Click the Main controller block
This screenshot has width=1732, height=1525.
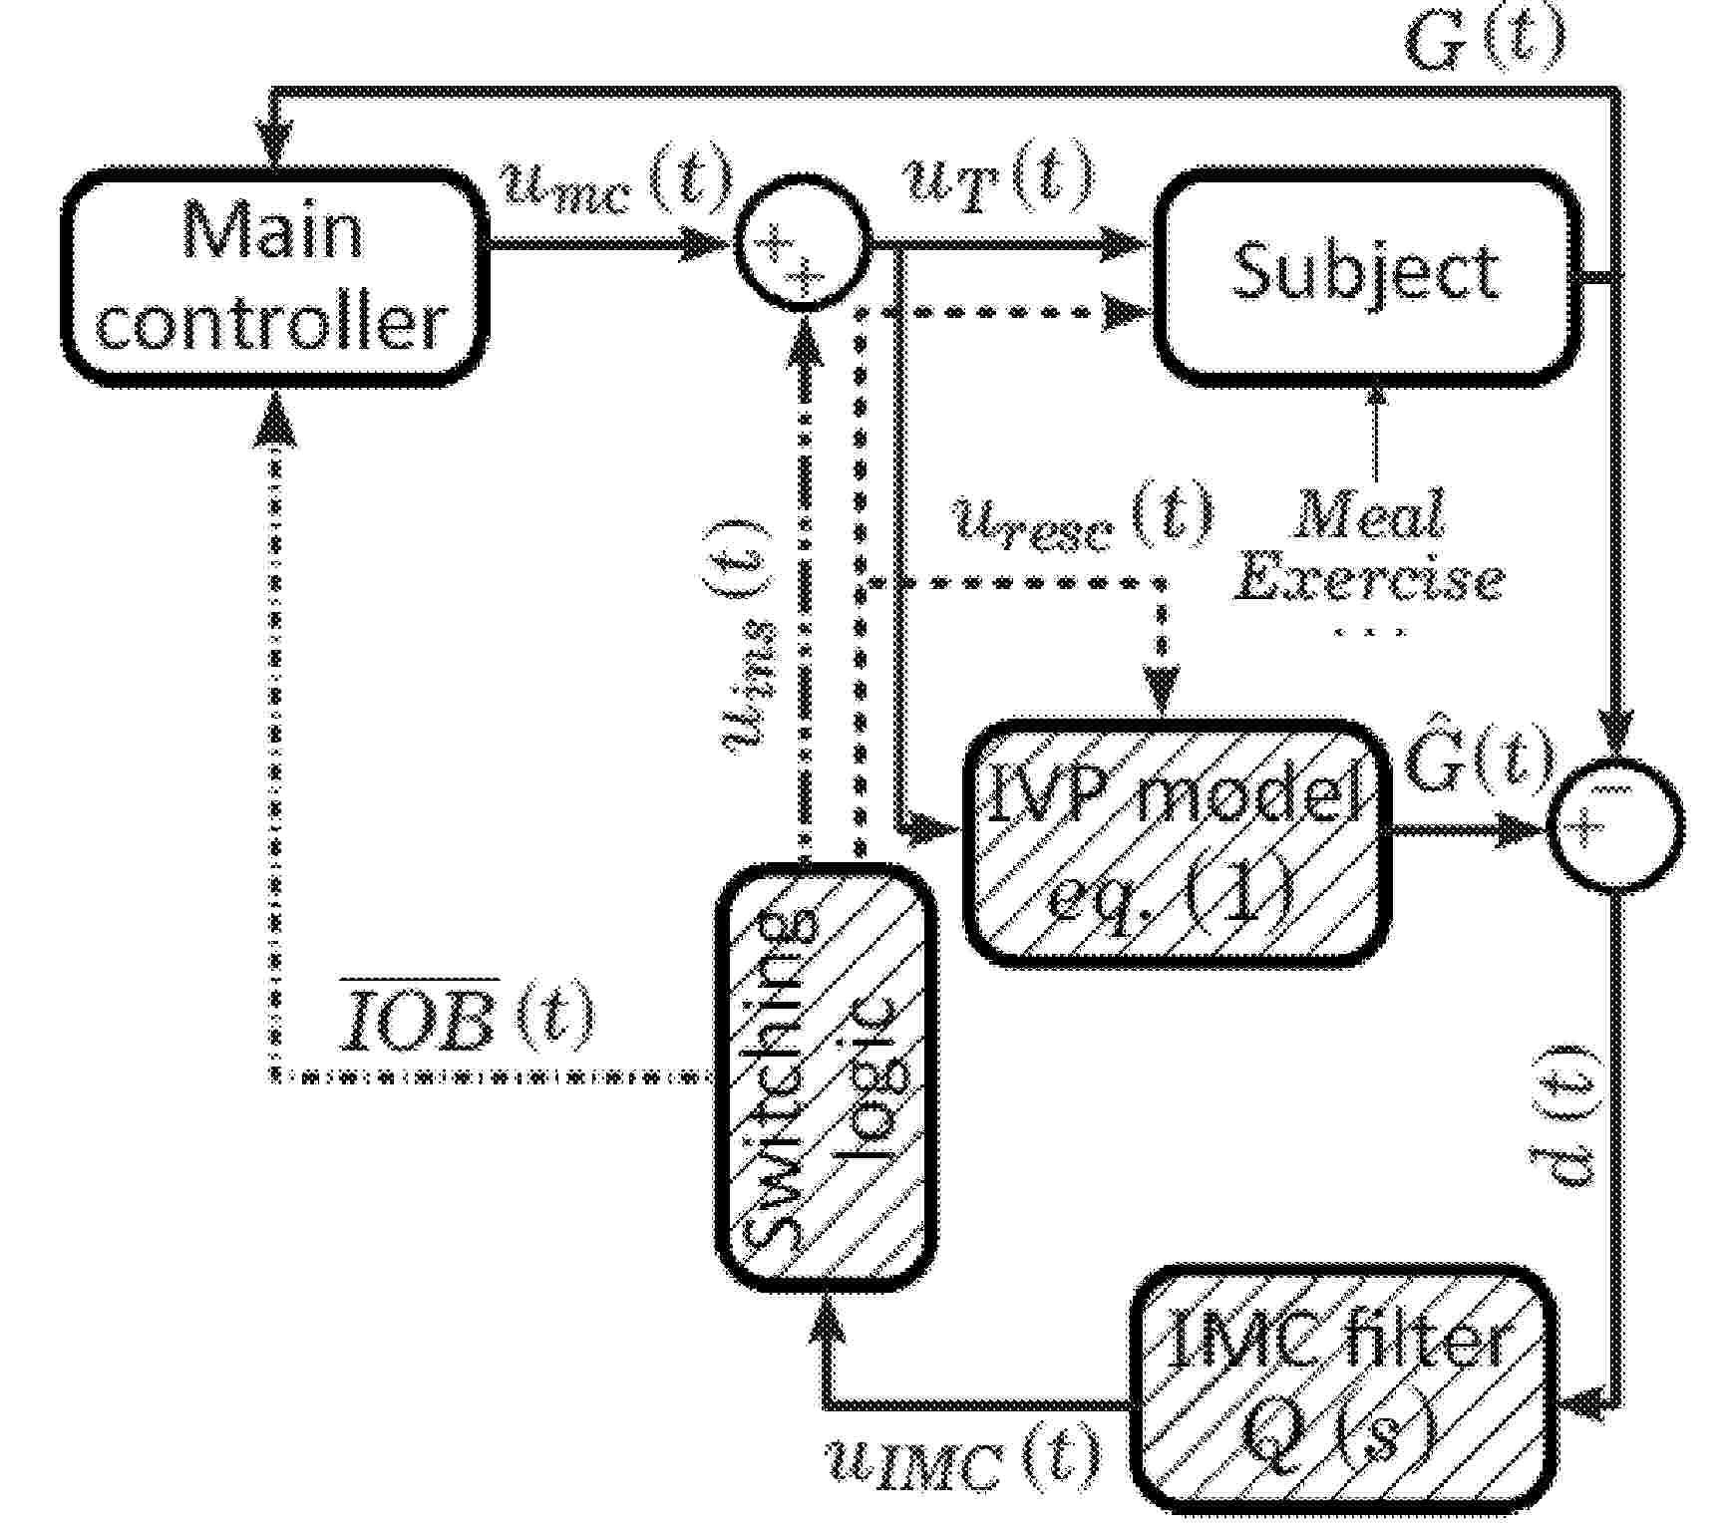coord(274,277)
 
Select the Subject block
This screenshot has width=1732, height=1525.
coord(1367,277)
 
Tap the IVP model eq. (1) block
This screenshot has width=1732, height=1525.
coord(1177,842)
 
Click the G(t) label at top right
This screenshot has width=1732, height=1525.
coord(1485,42)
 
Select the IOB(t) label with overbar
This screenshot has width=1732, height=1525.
coord(467,1018)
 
